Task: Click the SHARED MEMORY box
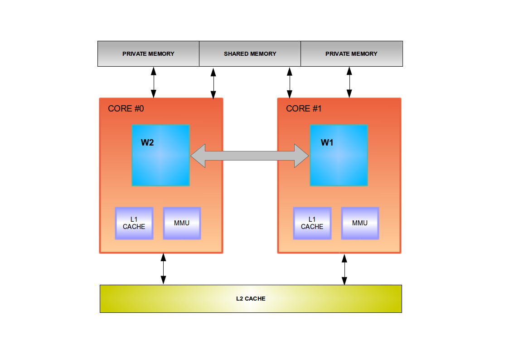pyautogui.click(x=250, y=54)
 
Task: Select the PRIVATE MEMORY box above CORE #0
pyautogui.click(x=148, y=54)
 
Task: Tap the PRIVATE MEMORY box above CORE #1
pyautogui.click(x=351, y=54)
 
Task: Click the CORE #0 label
pyautogui.click(x=126, y=109)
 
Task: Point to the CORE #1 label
pyautogui.click(x=304, y=109)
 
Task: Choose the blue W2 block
pyautogui.click(x=160, y=155)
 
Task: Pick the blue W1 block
pyautogui.click(x=339, y=155)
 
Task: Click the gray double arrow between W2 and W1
pyautogui.click(x=250, y=156)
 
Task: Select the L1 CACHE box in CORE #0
pyautogui.click(x=134, y=223)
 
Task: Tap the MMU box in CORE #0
pyautogui.click(x=182, y=223)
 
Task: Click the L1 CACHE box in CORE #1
pyautogui.click(x=312, y=223)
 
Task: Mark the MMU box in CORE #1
pyautogui.click(x=360, y=223)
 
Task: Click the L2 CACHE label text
pyautogui.click(x=251, y=299)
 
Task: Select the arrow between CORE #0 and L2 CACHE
pyautogui.click(x=164, y=269)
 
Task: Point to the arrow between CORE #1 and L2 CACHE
pyautogui.click(x=344, y=269)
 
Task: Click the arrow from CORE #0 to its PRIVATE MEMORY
pyautogui.click(x=153, y=82)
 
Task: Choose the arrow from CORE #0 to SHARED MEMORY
pyautogui.click(x=213, y=83)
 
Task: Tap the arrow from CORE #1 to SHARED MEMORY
pyautogui.click(x=290, y=83)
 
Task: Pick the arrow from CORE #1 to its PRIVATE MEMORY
pyautogui.click(x=349, y=82)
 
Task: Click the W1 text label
pyautogui.click(x=327, y=143)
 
